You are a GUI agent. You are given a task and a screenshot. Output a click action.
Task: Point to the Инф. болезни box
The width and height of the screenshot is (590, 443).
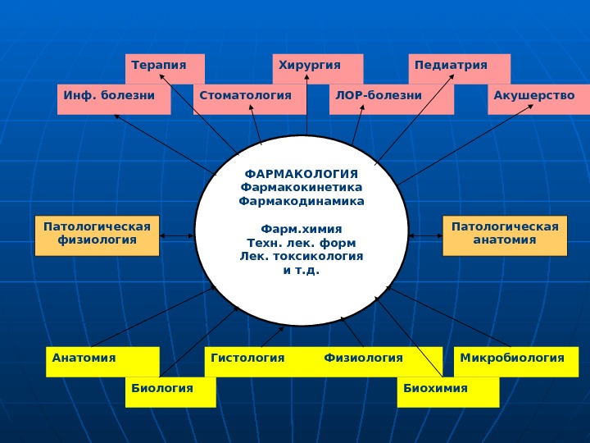pyautogui.click(x=114, y=98)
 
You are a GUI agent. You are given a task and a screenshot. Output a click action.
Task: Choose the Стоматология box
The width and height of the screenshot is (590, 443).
pyautogui.click(x=249, y=98)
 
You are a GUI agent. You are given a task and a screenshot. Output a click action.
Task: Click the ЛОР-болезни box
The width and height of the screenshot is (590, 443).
pyautogui.click(x=392, y=98)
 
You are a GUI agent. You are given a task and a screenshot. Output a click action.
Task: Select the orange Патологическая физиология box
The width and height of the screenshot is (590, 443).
pyautogui.click(x=98, y=235)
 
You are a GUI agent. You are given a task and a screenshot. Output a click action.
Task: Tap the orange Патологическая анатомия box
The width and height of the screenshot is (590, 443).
pyautogui.click(x=505, y=235)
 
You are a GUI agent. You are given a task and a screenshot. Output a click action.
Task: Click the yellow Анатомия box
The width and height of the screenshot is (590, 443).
pyautogui.click(x=102, y=361)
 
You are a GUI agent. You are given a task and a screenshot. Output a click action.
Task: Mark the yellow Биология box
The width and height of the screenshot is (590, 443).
pyautogui.click(x=170, y=391)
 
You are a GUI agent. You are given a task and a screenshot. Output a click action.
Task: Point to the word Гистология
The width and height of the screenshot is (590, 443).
pyautogui.click(x=247, y=359)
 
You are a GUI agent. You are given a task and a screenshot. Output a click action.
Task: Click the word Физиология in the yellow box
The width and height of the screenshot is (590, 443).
pyautogui.click(x=364, y=359)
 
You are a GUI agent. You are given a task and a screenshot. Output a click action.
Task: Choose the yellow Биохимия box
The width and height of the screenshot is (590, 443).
pyautogui.click(x=447, y=391)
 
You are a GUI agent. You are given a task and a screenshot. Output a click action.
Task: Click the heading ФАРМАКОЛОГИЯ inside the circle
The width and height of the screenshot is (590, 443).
pyautogui.click(x=302, y=174)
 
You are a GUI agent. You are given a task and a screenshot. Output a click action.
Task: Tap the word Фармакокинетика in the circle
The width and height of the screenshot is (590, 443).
pyautogui.click(x=302, y=187)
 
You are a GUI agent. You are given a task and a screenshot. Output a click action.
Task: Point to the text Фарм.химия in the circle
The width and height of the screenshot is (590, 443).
pyautogui.click(x=302, y=228)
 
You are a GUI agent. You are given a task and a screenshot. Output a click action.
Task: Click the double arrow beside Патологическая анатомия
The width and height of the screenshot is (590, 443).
pyautogui.click(x=424, y=236)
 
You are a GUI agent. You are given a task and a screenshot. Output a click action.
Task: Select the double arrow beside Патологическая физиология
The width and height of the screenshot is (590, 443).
pyautogui.click(x=177, y=236)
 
